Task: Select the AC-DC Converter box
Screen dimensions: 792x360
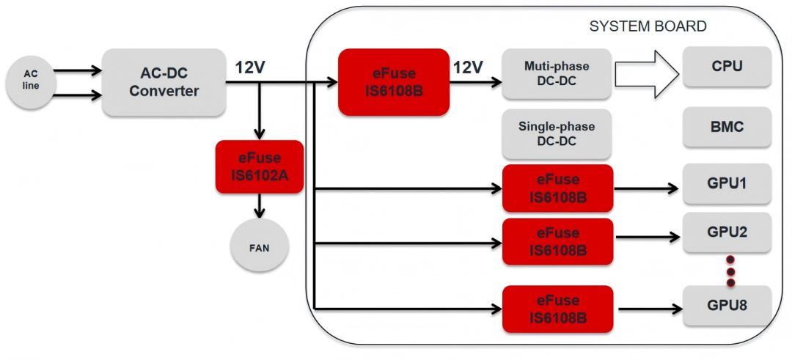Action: coord(164,82)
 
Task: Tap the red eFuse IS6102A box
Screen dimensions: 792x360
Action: coord(260,166)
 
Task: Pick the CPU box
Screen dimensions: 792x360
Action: coord(727,66)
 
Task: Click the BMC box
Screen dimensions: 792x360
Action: coord(727,126)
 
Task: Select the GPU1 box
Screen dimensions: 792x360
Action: coord(727,183)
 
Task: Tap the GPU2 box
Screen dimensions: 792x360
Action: coord(727,232)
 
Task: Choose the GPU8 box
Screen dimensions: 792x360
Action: coord(727,306)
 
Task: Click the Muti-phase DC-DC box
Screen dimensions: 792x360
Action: coord(557,73)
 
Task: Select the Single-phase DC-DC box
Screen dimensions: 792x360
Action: coord(557,134)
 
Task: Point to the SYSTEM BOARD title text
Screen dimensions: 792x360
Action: coord(648,26)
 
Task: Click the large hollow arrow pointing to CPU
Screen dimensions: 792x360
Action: coord(647,74)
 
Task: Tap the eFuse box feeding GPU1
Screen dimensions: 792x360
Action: coord(558,188)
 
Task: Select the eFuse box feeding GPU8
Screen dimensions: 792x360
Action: coord(558,309)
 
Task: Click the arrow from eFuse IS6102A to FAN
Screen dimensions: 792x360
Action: coord(260,205)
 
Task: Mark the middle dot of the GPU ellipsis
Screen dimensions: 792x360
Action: coord(730,271)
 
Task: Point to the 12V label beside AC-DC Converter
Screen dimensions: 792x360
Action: coord(250,67)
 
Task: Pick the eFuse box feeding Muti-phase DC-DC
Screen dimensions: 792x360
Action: coord(394,82)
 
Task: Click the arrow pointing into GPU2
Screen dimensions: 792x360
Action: coord(648,236)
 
